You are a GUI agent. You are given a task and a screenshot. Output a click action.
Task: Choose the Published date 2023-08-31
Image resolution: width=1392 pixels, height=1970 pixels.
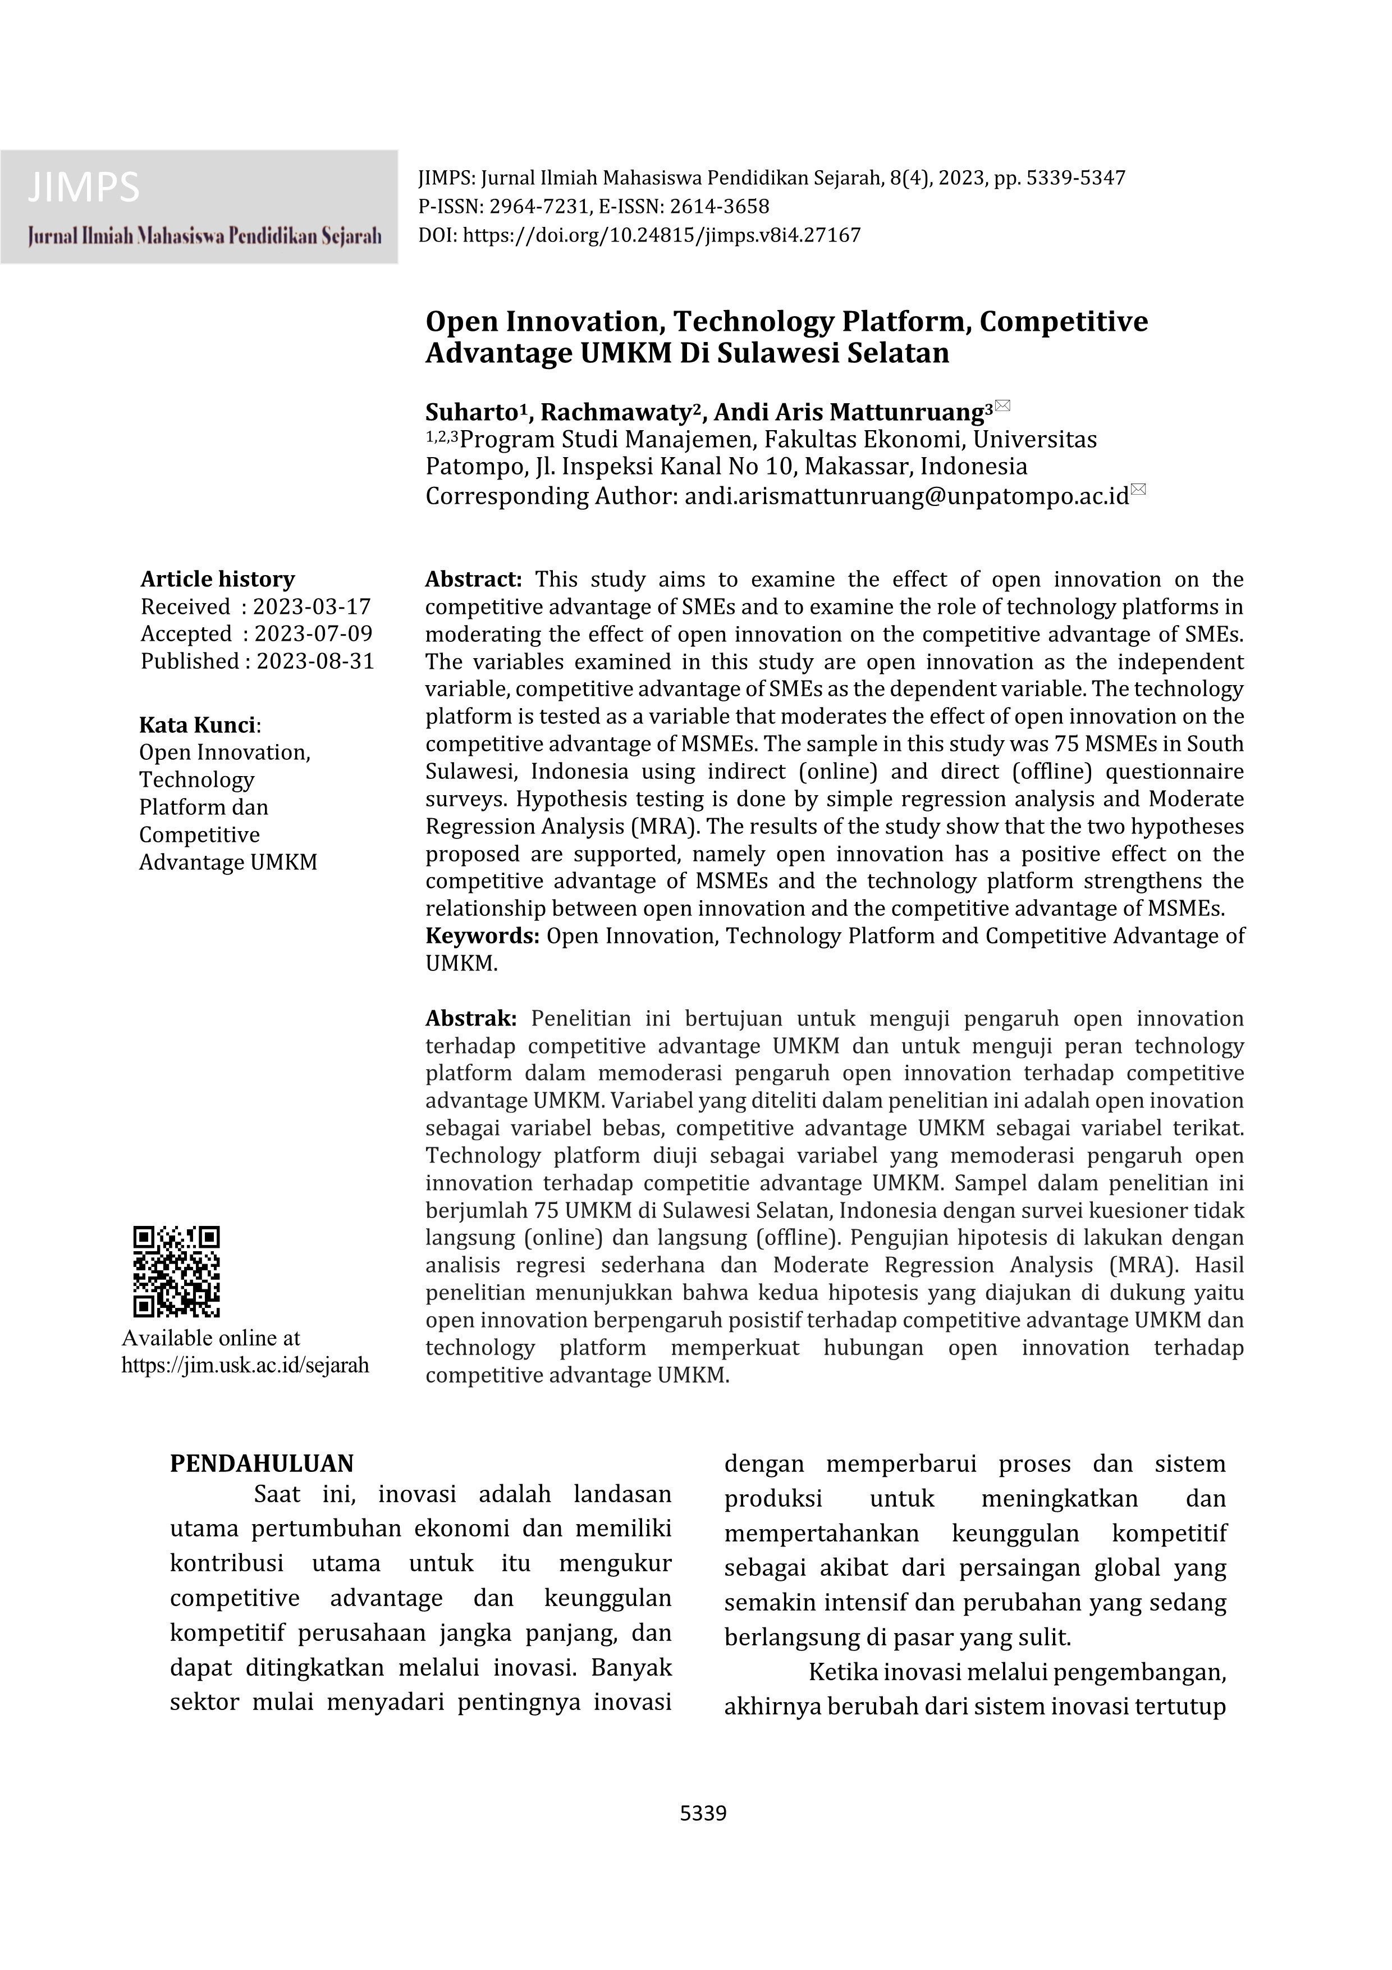(x=315, y=662)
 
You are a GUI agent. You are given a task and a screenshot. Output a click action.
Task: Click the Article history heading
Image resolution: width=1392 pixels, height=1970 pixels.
(x=217, y=579)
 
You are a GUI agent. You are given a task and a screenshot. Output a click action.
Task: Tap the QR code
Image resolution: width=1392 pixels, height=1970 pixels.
(x=177, y=1271)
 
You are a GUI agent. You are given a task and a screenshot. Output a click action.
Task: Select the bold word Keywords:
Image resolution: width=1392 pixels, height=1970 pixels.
(x=482, y=936)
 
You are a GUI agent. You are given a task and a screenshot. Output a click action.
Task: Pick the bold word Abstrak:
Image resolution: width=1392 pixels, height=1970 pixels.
(x=471, y=1019)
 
